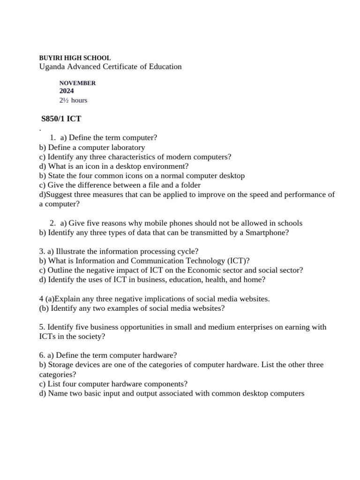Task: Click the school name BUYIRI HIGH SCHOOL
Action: tap(75, 58)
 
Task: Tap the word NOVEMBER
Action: tap(77, 83)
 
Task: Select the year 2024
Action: tap(67, 91)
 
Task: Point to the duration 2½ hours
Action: tap(73, 100)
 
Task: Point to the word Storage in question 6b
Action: tap(60, 365)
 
